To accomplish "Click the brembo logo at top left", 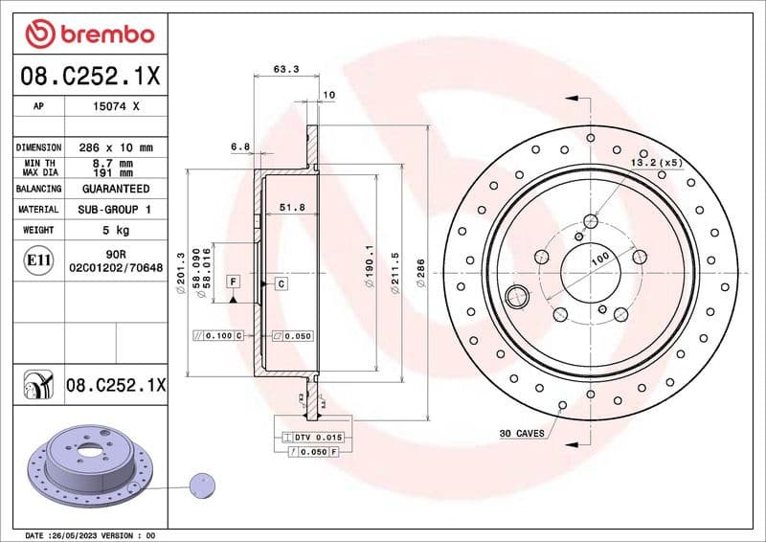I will pos(90,34).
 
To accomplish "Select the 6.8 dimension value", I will pos(240,147).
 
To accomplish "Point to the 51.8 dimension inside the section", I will pos(292,207).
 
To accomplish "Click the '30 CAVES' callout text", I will pos(522,434).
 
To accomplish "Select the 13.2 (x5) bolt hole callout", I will pos(655,164).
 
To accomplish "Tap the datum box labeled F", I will pos(233,282).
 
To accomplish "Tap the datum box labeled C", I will pos(282,284).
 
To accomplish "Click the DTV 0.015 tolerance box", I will pos(317,438).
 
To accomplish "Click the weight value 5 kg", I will pos(116,230).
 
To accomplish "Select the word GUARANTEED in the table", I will pos(116,190).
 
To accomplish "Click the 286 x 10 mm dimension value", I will pos(116,148).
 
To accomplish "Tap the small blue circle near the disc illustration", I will pos(203,485).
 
